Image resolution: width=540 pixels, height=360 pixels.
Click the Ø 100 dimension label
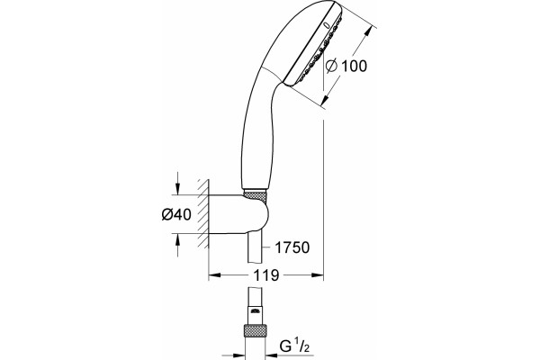click(346, 66)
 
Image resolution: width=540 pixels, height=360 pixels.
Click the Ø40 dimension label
click(176, 214)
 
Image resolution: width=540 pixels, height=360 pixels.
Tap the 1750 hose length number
click(292, 247)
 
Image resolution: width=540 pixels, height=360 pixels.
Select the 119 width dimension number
click(265, 274)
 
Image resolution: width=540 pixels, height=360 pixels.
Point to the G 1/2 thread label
click(294, 346)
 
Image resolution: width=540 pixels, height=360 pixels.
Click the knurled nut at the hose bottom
click(255, 330)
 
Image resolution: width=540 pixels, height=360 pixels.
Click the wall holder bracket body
click(238, 214)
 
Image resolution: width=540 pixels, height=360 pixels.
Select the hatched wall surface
click(202, 213)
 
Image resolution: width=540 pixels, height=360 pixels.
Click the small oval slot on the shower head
click(327, 25)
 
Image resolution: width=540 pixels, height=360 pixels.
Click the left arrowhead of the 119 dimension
click(214, 274)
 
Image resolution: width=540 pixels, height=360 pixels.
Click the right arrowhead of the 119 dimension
click(318, 274)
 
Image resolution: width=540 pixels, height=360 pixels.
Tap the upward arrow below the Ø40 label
click(177, 245)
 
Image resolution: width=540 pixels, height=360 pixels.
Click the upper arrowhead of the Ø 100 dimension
click(368, 32)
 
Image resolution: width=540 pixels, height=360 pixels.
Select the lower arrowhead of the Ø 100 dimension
click(324, 99)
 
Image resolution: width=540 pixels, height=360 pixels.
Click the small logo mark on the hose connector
click(255, 311)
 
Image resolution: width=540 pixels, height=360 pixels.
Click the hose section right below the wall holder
click(256, 247)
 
